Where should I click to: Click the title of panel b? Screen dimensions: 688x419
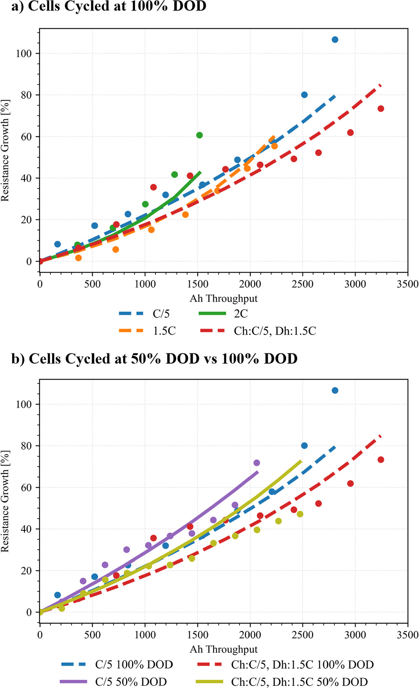pos(155,358)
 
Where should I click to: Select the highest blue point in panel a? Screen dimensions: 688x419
pos(335,40)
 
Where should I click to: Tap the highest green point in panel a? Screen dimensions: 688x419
pos(200,135)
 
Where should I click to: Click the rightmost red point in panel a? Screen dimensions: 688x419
pos(381,108)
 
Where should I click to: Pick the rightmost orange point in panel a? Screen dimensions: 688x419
pos(274,146)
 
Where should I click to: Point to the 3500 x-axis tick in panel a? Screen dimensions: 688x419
pos(408,284)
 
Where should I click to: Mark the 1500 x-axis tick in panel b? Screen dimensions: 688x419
pos(198,635)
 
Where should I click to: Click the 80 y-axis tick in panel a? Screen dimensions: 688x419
pos(27,95)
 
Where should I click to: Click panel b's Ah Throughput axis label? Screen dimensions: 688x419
pos(224,649)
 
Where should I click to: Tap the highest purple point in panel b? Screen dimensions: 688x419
pos(257,463)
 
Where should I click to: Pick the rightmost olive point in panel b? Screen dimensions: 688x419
pos(300,514)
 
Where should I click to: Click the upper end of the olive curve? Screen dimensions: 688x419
pos(301,461)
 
